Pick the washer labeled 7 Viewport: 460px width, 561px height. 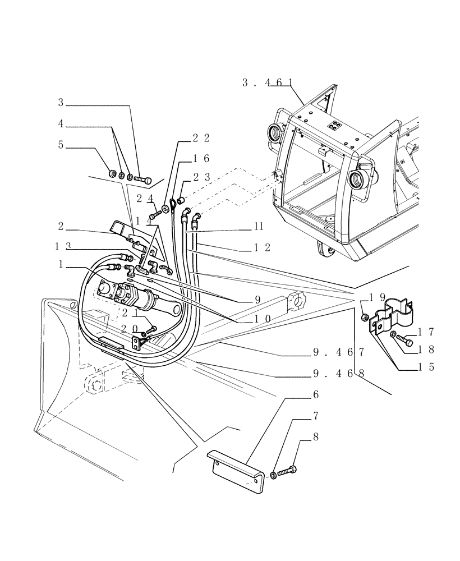(x=273, y=476)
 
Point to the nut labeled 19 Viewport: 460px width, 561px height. (x=364, y=318)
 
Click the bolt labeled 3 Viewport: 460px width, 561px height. (x=144, y=180)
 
